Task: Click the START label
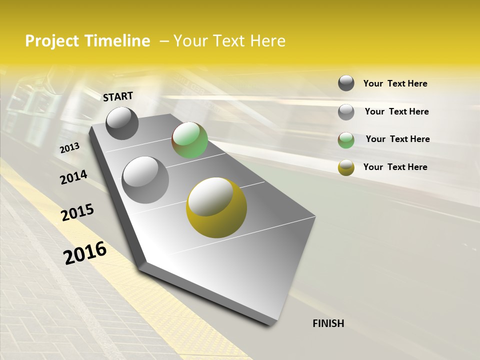(118, 96)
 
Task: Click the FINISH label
(328, 323)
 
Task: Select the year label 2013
(69, 147)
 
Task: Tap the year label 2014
(73, 177)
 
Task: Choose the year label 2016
(85, 252)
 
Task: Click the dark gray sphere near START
(122, 123)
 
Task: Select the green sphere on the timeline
(189, 140)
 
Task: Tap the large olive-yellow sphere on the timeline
(216, 207)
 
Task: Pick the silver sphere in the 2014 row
(145, 179)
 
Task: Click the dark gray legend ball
(346, 83)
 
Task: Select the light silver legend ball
(346, 112)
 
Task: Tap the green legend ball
(346, 140)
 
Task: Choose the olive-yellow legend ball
(346, 167)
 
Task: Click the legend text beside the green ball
(397, 139)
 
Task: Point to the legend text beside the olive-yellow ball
(395, 167)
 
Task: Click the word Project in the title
(52, 41)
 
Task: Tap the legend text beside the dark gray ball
(395, 83)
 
